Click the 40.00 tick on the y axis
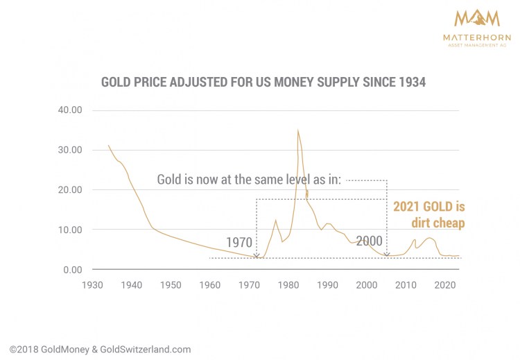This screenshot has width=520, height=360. click(69, 110)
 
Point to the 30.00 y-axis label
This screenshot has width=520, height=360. click(69, 150)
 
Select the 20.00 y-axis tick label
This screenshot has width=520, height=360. click(69, 190)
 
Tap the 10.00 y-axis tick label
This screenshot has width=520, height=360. click(69, 230)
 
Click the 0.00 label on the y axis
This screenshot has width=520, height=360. click(72, 270)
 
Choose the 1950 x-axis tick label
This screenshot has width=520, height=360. click(171, 284)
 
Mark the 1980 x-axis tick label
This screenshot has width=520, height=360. click(290, 284)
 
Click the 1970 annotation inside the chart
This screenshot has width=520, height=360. click(239, 243)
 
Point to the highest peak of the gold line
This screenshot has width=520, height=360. click(298, 130)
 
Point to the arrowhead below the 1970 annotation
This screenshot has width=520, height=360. click(257, 255)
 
